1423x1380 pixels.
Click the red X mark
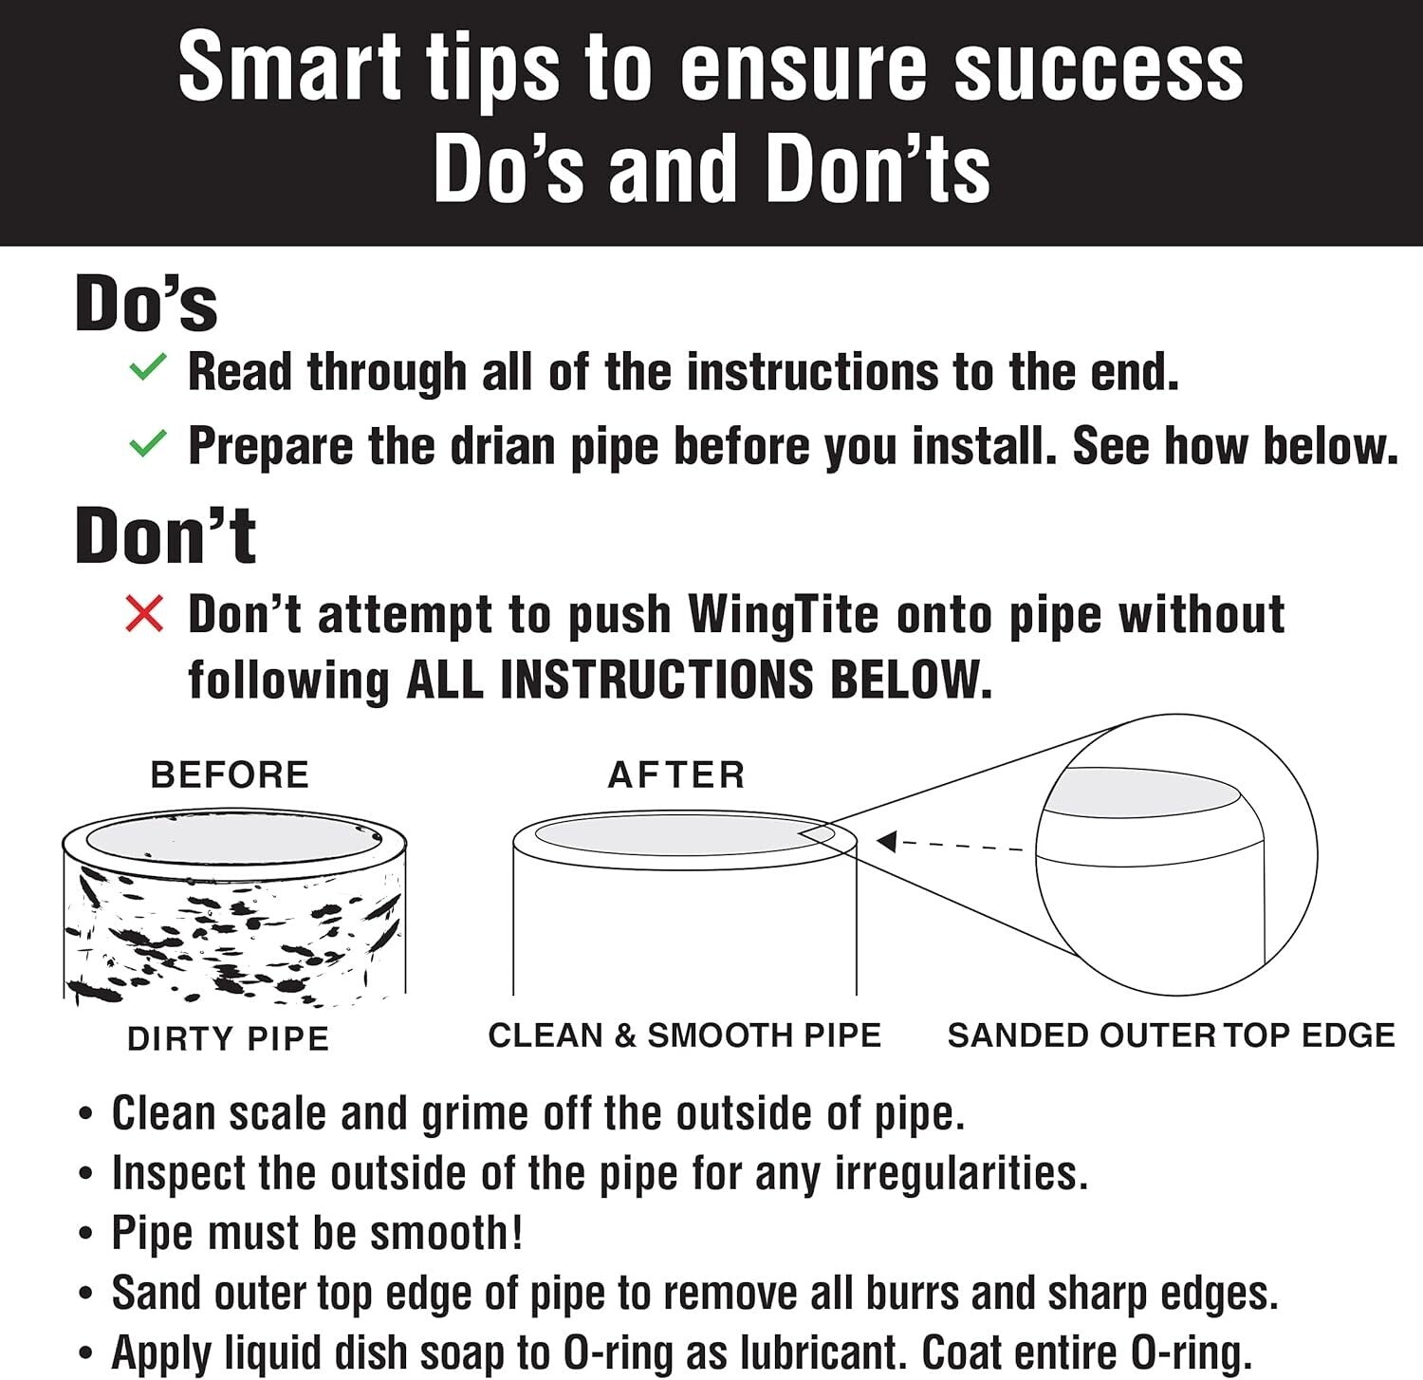tap(144, 614)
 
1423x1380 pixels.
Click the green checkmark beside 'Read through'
tap(147, 367)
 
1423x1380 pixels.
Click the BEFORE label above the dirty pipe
tap(230, 774)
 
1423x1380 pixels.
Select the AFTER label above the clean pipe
tap(676, 774)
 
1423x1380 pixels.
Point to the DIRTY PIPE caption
tap(228, 1038)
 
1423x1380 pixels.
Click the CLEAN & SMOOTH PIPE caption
tap(684, 1035)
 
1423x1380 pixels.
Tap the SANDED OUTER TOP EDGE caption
tap(1171, 1035)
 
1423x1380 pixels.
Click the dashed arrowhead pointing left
tap(887, 841)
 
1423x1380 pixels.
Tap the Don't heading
tap(165, 535)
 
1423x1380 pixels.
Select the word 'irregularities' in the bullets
tap(961, 1173)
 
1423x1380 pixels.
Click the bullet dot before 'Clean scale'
tap(86, 1115)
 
